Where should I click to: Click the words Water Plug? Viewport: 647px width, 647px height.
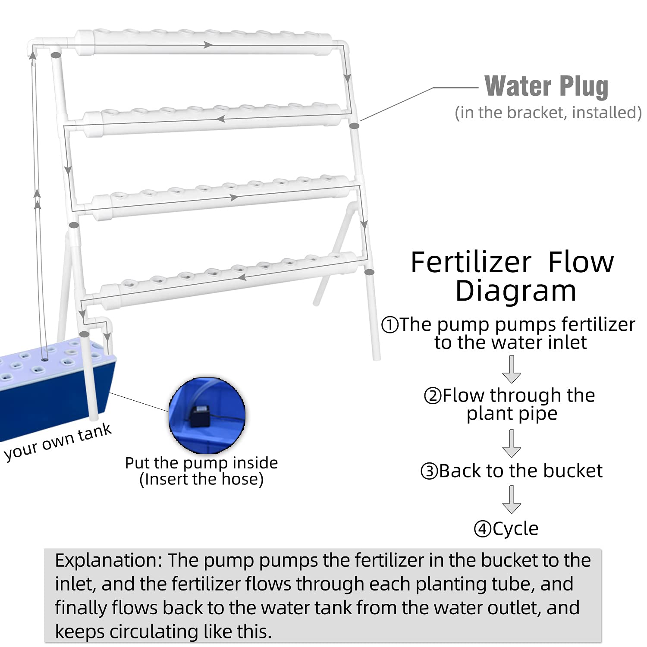click(546, 86)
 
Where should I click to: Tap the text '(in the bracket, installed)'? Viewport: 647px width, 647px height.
click(548, 113)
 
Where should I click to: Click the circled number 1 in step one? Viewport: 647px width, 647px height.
click(390, 325)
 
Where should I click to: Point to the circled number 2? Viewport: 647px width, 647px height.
click(432, 396)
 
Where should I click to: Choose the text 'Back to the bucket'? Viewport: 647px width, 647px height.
click(520, 471)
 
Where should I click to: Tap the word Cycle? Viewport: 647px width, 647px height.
click(515, 528)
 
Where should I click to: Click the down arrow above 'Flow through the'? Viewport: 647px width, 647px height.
click(512, 369)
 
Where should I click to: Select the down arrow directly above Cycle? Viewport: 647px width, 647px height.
click(512, 499)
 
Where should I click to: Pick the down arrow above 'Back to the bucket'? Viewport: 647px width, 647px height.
click(512, 443)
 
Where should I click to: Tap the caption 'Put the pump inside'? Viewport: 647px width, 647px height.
click(201, 463)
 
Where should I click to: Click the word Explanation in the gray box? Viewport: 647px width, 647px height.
click(108, 560)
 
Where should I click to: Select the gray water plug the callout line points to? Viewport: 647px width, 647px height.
click(354, 126)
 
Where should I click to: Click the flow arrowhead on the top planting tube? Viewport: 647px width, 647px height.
click(208, 44)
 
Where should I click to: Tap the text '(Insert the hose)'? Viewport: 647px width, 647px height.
click(201, 479)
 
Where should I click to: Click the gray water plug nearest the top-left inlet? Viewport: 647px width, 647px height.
click(55, 55)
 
